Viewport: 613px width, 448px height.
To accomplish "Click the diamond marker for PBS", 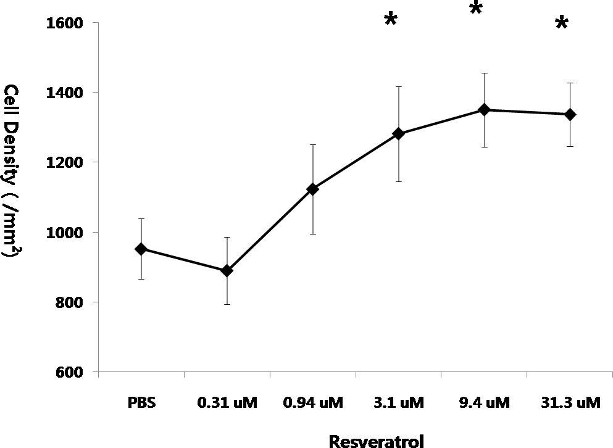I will (141, 249).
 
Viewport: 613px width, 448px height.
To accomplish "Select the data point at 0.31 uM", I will (227, 271).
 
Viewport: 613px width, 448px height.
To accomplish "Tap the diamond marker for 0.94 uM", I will (312, 189).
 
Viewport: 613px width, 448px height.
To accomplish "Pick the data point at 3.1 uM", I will (398, 133).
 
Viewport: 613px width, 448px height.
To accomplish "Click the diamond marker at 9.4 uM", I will (485, 110).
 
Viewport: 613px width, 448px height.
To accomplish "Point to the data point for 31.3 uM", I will (570, 115).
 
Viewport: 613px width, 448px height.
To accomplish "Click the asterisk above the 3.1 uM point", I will (390, 20).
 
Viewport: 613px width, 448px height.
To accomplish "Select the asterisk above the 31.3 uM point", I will (561, 24).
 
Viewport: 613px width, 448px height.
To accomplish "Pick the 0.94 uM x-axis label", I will (313, 404).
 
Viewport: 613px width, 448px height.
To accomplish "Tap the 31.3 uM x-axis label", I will (570, 404).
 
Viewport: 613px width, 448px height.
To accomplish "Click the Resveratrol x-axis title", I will (369, 441).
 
